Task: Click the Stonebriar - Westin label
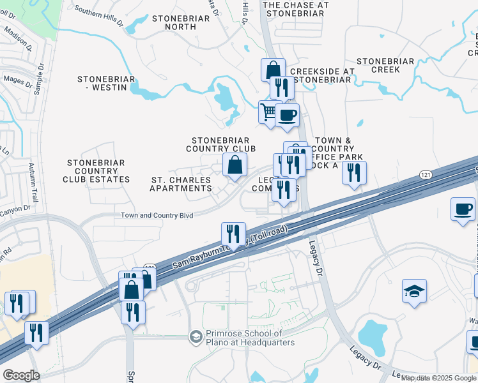[x=106, y=83]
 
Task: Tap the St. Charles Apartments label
[x=181, y=184]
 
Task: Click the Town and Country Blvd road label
[x=157, y=216]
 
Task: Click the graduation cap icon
[x=414, y=291]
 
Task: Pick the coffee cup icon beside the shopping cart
[x=288, y=116]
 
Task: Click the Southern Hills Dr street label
[x=98, y=15]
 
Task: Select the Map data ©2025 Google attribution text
[x=438, y=378]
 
